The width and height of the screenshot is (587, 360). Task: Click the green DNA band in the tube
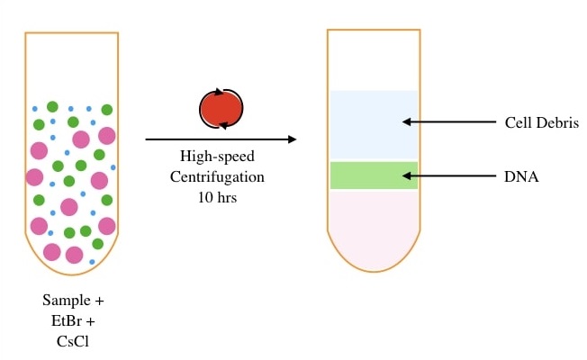coord(374,175)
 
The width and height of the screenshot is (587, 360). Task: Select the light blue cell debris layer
coord(374,125)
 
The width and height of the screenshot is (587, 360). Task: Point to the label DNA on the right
coord(521,177)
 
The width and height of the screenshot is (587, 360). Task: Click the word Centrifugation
coord(217,175)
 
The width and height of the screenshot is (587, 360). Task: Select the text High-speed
coord(217,157)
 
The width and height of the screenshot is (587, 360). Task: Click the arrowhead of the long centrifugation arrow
coord(292,139)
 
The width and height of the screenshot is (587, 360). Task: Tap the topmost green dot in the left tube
coord(52,107)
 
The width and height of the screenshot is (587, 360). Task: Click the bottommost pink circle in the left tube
coord(52,252)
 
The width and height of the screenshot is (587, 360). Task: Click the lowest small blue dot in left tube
coord(93,262)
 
